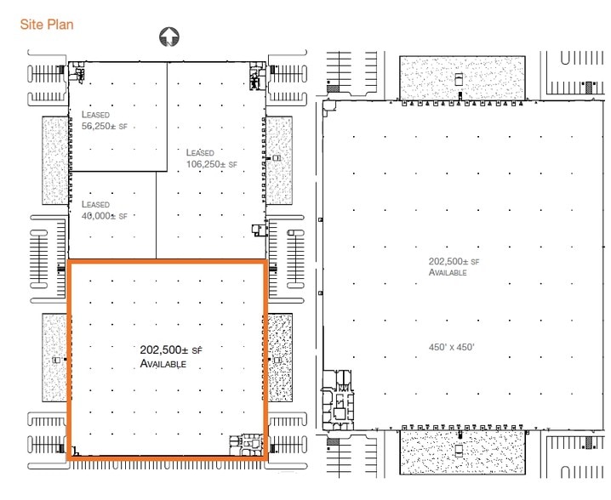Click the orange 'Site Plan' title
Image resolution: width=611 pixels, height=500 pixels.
tap(47, 25)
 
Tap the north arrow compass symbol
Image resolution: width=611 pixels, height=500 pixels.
tap(169, 37)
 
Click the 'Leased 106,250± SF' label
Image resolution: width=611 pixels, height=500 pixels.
tap(211, 158)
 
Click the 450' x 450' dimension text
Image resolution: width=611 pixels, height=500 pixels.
tap(451, 346)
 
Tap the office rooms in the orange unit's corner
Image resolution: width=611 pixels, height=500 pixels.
tap(249, 444)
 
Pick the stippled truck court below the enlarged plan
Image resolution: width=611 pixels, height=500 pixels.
tap(462, 451)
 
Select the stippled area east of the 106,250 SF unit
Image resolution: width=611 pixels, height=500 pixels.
tap(280, 159)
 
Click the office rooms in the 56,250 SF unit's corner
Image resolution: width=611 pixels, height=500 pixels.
tap(79, 73)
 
